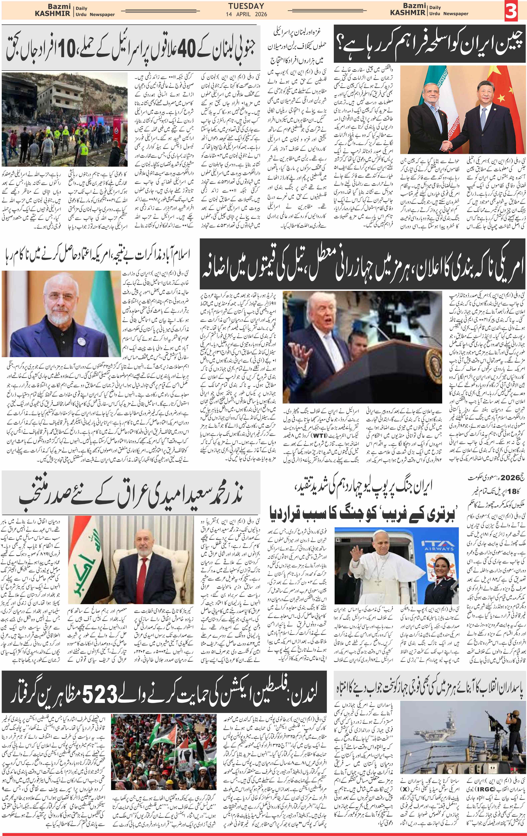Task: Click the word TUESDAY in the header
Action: pyautogui.click(x=246, y=6)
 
